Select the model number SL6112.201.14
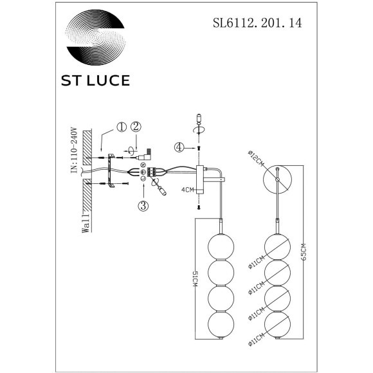coord(257,24)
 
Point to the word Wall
coord(85,226)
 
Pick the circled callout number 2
coord(136,128)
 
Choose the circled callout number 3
coord(143,206)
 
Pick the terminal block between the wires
coord(155,172)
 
